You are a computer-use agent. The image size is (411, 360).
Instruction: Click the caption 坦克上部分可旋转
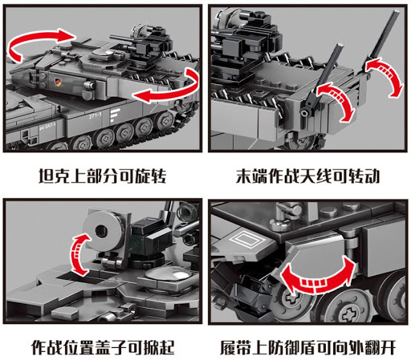[102, 174]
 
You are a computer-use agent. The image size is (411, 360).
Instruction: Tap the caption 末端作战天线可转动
[307, 174]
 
